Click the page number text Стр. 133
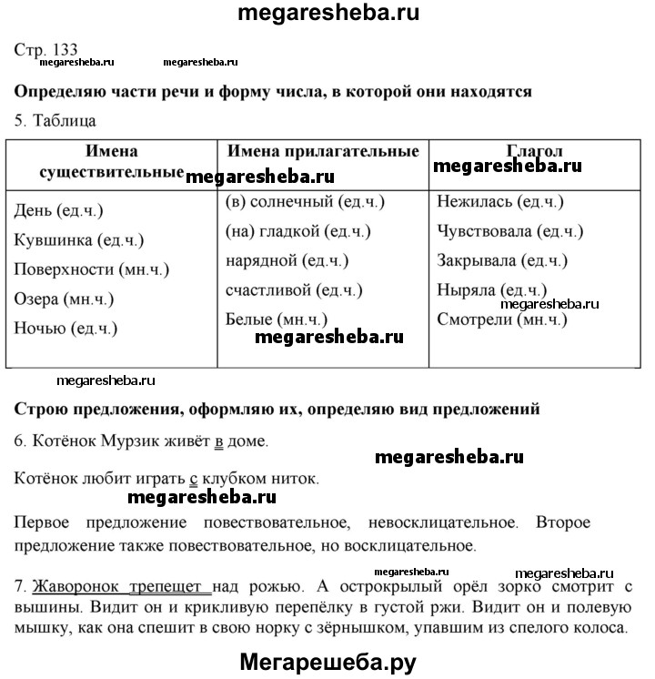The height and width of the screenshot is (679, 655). [46, 49]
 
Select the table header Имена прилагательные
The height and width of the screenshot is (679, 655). [323, 151]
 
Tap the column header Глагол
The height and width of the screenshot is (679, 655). [534, 151]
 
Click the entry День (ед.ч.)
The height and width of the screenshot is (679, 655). [59, 211]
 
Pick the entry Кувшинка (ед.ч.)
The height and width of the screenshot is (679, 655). [80, 240]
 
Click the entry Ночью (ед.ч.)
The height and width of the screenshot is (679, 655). [65, 329]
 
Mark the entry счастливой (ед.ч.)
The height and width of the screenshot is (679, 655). [293, 290]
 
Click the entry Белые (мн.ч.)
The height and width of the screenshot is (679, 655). [277, 319]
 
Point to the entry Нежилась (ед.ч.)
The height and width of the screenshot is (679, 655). [499, 202]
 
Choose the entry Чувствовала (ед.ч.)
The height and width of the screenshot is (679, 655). [509, 231]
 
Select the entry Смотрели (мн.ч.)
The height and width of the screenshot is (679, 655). [501, 319]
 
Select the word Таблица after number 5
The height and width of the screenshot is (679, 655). [64, 120]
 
